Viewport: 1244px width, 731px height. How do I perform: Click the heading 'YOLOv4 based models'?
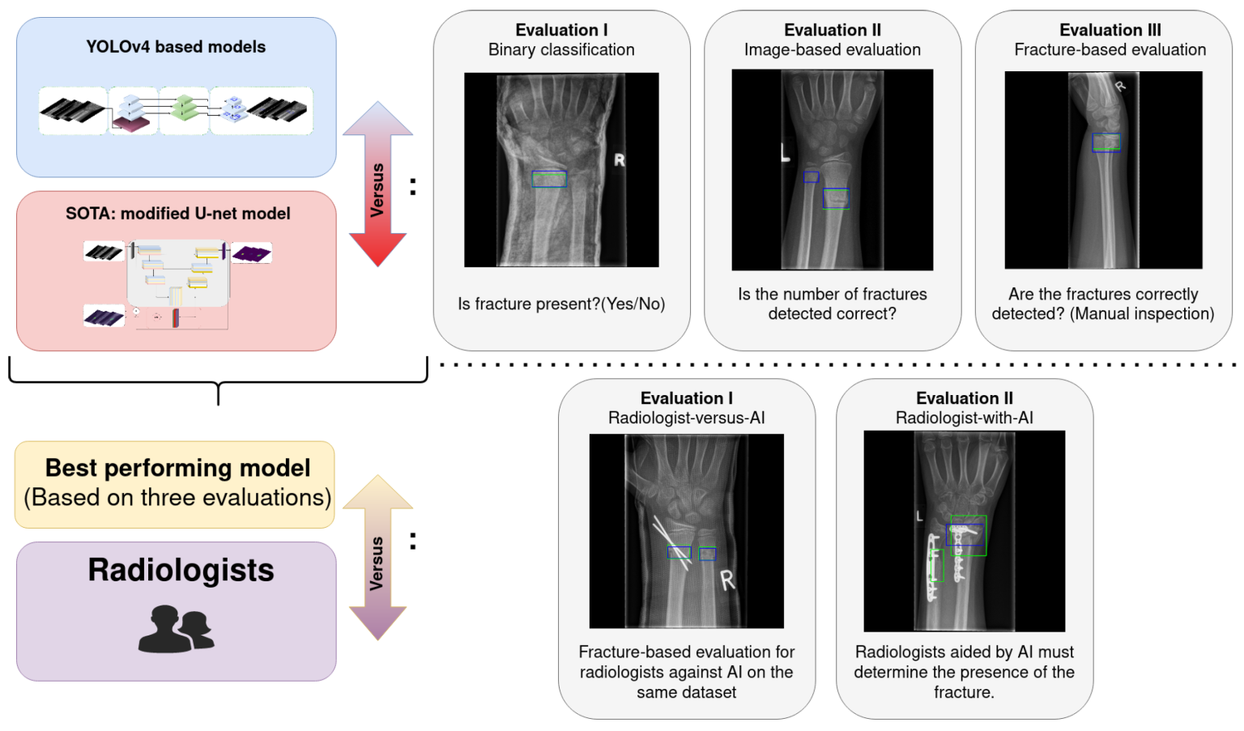[x=176, y=47]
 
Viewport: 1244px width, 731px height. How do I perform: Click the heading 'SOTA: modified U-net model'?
[x=177, y=214]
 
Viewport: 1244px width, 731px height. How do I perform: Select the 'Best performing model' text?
[x=177, y=468]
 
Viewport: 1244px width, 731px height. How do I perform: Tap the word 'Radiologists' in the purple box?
[x=181, y=570]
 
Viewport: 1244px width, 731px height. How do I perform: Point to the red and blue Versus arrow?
[x=377, y=185]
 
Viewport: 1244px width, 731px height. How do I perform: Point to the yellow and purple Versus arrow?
[x=377, y=558]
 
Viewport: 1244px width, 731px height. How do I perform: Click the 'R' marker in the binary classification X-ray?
[x=620, y=160]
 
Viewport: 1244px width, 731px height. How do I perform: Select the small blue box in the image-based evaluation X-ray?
[x=811, y=176]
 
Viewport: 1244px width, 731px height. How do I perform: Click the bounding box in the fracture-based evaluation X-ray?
[x=1106, y=142]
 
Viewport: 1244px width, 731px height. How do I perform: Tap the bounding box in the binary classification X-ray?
[x=549, y=179]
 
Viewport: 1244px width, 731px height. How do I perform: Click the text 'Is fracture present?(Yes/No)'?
[x=561, y=304]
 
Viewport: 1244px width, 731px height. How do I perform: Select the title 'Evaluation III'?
[x=1110, y=30]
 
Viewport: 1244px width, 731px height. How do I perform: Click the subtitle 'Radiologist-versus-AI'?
[x=686, y=418]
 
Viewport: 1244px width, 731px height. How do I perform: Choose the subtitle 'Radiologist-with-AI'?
[x=964, y=418]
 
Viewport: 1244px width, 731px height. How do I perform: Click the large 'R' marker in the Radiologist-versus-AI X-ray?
[x=727, y=580]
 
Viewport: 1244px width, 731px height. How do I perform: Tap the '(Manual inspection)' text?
[x=1142, y=314]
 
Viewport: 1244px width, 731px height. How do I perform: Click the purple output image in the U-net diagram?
[x=252, y=253]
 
